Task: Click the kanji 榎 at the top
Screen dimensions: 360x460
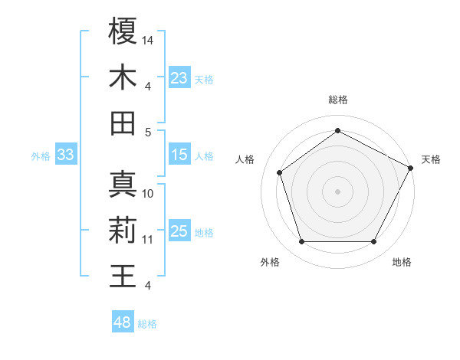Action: coord(123,31)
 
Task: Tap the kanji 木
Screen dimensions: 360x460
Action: coord(123,78)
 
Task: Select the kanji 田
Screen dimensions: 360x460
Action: coord(123,123)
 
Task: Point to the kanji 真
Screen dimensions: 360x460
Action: coord(123,185)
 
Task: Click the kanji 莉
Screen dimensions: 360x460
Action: coord(123,231)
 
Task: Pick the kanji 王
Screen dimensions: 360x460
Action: coord(123,277)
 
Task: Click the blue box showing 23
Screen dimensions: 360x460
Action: coord(179,78)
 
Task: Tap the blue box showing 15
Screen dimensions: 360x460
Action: coord(179,155)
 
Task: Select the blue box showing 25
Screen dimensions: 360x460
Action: coord(179,231)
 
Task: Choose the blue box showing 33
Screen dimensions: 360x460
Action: coord(66,155)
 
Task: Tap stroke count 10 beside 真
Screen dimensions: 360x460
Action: coord(149,194)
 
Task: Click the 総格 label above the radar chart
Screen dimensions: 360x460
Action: coord(337,100)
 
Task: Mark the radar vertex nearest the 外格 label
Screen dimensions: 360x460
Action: coord(301,242)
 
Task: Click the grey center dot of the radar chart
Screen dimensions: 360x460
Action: coord(337,191)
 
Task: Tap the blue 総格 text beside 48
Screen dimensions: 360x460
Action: coord(147,324)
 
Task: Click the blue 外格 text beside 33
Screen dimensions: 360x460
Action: coord(41,156)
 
